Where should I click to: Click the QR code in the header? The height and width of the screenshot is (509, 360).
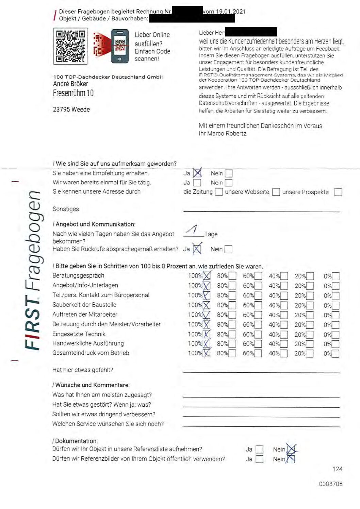[x=70, y=46]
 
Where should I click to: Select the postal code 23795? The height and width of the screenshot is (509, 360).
[x=61, y=109]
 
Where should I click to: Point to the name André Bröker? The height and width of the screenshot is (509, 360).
[x=70, y=84]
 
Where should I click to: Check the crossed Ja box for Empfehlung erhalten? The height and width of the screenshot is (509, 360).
[x=197, y=173]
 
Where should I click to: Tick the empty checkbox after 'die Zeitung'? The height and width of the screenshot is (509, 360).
[x=219, y=192]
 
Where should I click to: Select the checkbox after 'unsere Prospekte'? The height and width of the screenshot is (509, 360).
[x=338, y=192]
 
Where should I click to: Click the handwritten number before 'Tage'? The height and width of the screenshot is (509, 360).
[x=193, y=230]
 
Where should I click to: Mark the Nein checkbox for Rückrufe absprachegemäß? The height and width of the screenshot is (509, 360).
[x=229, y=249]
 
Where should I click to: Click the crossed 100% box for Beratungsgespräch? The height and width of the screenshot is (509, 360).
[x=207, y=276]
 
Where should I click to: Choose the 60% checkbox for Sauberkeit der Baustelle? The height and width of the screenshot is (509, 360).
[x=258, y=305]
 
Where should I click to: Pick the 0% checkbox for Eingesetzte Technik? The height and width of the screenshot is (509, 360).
[x=336, y=335]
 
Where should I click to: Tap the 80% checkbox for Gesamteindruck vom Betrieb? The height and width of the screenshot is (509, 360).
[x=232, y=353]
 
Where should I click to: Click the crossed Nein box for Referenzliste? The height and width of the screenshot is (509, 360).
[x=291, y=449]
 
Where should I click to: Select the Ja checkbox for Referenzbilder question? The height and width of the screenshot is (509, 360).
[x=259, y=459]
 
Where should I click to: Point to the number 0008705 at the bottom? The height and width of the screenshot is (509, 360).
[x=330, y=484]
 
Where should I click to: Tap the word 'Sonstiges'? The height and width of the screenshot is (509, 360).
[x=66, y=209]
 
